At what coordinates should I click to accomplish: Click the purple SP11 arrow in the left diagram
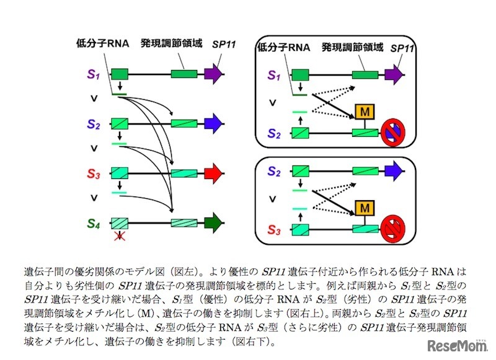coord(213,75)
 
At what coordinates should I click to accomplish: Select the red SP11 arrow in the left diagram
coord(213,173)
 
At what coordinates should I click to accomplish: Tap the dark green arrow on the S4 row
coord(213,222)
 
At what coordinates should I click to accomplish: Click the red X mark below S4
coord(118,236)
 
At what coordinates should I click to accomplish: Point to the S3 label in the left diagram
coord(93,173)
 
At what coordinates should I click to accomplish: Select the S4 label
coord(93,222)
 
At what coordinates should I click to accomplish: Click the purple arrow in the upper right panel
coord(394,75)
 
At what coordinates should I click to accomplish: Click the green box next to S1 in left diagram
coord(119,75)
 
